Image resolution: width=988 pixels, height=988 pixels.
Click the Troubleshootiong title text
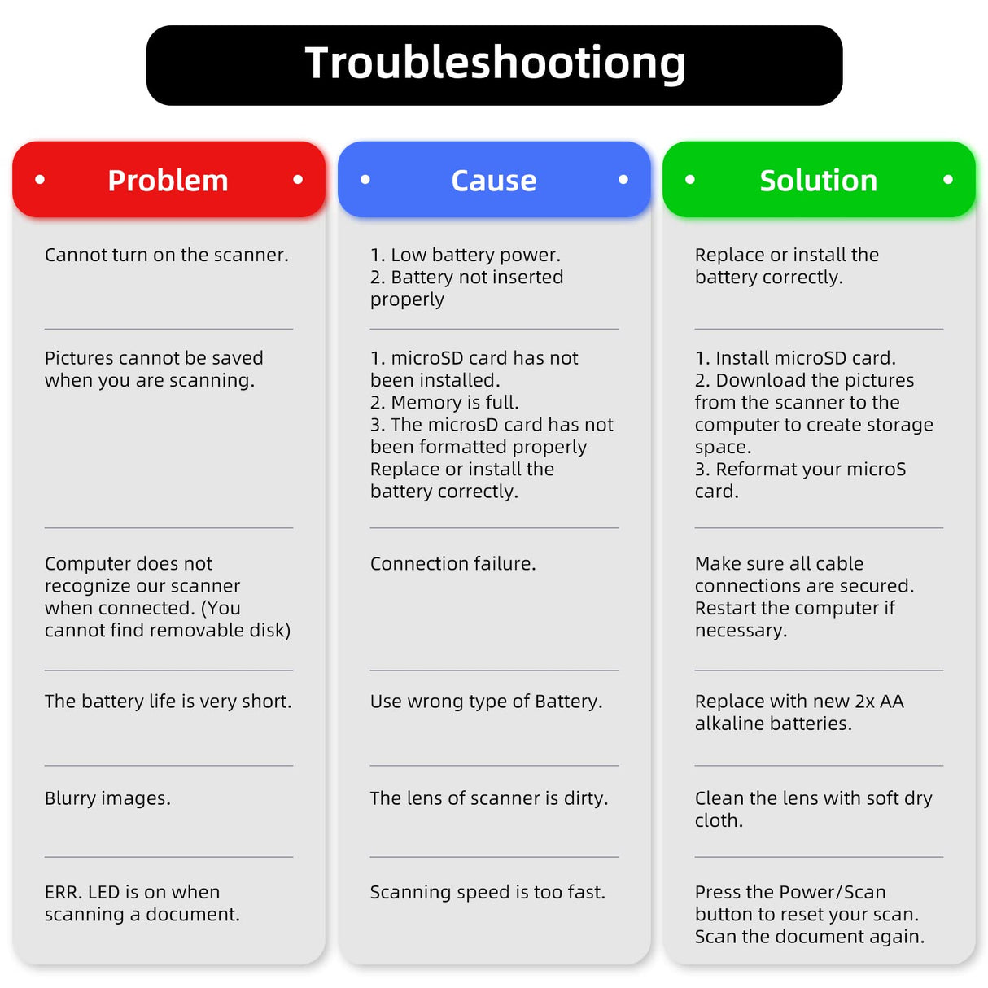[x=495, y=63]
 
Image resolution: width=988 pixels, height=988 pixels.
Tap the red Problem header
[x=168, y=180]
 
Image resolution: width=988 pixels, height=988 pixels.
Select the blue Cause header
[x=494, y=180]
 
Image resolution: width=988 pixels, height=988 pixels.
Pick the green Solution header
[x=819, y=180]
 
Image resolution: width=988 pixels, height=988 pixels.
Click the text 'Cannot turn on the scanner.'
[x=167, y=255]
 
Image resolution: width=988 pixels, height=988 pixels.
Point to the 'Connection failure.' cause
[x=452, y=563]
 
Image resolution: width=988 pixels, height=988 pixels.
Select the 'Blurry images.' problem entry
[x=107, y=798]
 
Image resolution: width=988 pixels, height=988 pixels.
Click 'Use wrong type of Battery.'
[x=486, y=702]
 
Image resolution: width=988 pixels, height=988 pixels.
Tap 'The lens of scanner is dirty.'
[x=488, y=798]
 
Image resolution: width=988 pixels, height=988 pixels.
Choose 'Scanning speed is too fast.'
[x=487, y=892]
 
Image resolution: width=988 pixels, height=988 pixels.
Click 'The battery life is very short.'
[x=168, y=702]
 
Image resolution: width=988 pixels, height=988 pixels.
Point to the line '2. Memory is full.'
[x=444, y=402]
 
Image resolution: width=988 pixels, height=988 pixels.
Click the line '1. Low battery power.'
[x=465, y=255]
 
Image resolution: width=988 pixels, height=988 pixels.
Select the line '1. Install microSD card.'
[x=795, y=358]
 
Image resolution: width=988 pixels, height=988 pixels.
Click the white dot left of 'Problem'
[x=40, y=179]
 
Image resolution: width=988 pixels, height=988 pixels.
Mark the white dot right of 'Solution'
[x=948, y=179]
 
